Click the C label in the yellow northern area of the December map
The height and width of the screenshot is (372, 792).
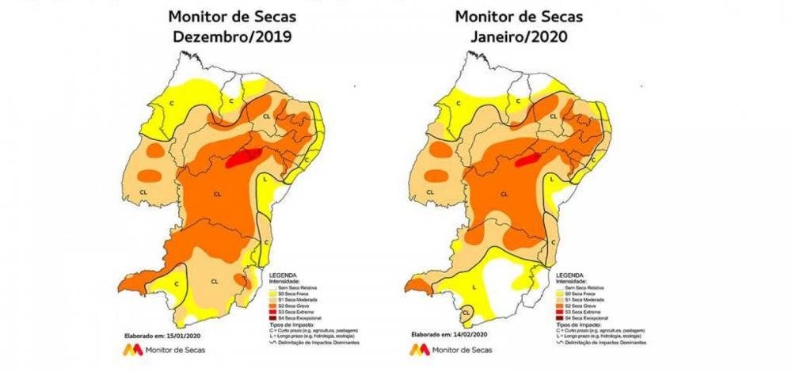(229, 101)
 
